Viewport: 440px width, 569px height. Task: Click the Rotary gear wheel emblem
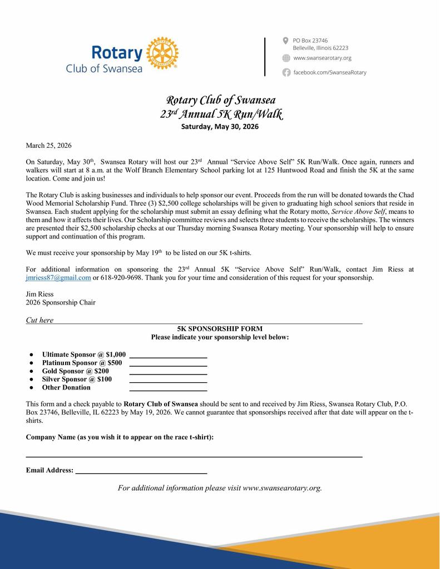[x=162, y=53]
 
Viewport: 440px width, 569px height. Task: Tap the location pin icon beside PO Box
[x=286, y=41]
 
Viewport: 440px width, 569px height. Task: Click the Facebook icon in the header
[x=286, y=72]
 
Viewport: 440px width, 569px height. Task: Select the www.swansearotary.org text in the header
[x=322, y=58]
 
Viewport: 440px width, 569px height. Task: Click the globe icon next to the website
[x=286, y=58]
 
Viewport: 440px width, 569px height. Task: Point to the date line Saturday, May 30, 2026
[x=220, y=127]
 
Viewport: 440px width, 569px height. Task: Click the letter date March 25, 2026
[x=49, y=146]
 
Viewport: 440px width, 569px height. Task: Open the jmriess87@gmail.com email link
[x=58, y=278]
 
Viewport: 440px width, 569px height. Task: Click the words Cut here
[x=40, y=320]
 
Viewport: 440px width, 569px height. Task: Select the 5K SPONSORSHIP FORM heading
[x=220, y=329]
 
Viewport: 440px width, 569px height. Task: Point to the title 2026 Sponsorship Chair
[x=61, y=303]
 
